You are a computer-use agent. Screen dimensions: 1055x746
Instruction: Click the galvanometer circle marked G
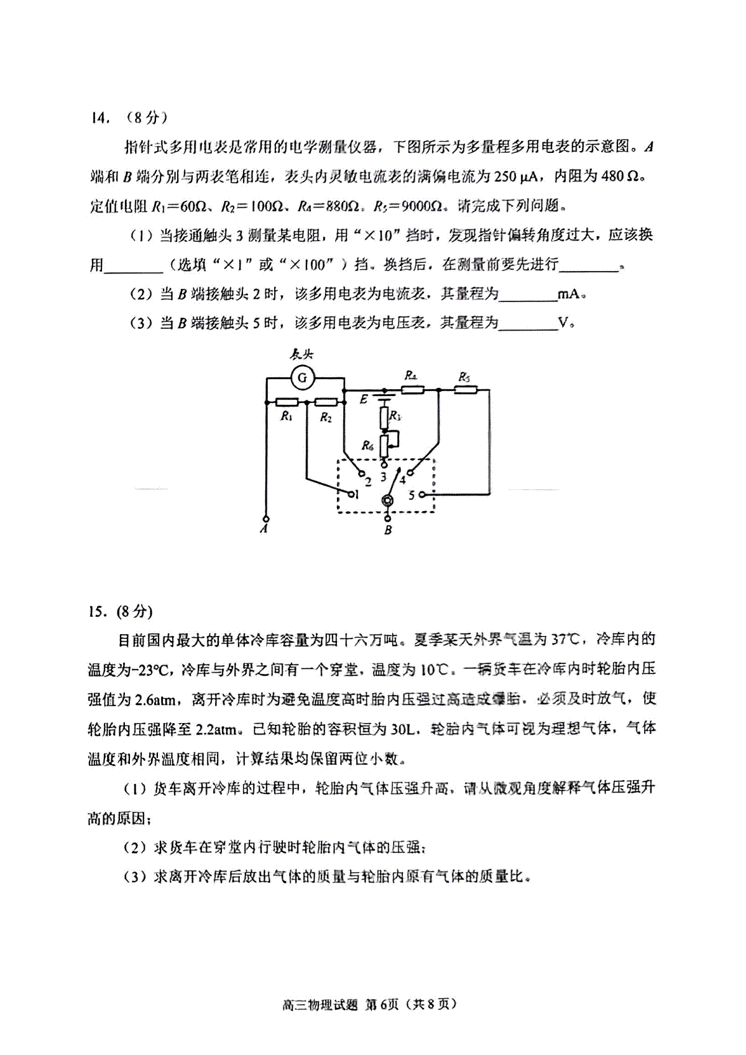click(302, 377)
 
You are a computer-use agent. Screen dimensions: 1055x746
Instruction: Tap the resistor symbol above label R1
click(287, 402)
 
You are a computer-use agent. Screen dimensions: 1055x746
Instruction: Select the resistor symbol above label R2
click(326, 402)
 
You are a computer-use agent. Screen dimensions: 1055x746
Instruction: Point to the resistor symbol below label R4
click(412, 390)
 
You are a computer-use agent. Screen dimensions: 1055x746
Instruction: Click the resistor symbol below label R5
click(465, 390)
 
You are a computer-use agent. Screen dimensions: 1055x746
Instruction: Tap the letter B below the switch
click(389, 530)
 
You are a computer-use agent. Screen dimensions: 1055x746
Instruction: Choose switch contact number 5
click(422, 495)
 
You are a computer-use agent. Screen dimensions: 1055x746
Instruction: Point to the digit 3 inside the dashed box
click(384, 477)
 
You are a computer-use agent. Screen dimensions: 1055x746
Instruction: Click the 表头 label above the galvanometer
click(303, 354)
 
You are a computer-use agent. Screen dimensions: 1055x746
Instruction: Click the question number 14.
click(99, 117)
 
